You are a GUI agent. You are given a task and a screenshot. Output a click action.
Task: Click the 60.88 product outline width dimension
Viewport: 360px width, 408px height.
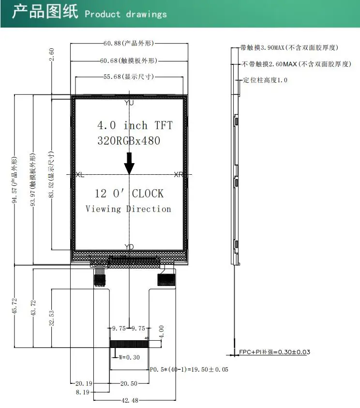(129, 43)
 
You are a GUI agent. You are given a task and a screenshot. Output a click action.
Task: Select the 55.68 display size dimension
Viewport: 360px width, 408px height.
(129, 77)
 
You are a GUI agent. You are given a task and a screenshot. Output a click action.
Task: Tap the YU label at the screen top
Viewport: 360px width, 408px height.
(129, 103)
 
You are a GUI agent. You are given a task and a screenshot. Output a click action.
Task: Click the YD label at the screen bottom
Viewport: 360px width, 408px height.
(129, 247)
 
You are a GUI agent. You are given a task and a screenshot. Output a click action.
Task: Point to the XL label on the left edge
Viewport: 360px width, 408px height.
(80, 175)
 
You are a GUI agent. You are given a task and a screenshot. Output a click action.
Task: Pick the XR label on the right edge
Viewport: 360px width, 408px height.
(179, 175)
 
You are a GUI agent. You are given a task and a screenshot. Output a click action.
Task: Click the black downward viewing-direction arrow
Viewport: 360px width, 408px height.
(129, 164)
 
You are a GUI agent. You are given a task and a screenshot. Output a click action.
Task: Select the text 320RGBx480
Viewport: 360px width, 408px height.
(129, 141)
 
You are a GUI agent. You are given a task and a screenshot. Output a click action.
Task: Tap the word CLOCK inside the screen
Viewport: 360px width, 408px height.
(148, 194)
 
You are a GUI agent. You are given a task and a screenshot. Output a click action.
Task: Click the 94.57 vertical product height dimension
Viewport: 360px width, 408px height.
(15, 180)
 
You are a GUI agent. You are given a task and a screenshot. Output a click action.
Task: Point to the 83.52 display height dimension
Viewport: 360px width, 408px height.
(51, 174)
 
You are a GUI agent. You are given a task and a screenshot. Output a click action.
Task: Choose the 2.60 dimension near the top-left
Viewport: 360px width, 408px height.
(51, 54)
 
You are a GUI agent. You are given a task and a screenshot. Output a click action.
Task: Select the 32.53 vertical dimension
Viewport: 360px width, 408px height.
(51, 317)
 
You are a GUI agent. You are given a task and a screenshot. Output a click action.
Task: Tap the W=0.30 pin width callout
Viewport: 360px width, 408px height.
(129, 358)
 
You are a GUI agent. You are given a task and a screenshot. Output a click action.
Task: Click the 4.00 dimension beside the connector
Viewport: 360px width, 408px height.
(161, 332)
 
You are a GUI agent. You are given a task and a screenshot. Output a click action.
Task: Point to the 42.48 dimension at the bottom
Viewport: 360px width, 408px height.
(130, 400)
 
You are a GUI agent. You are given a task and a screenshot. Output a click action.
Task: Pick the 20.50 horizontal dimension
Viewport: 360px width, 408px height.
(129, 383)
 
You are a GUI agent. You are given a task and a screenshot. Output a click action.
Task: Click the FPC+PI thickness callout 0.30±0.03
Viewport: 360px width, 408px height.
(275, 352)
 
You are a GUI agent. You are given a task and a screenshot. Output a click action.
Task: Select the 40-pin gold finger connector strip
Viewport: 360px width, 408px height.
(129, 344)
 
